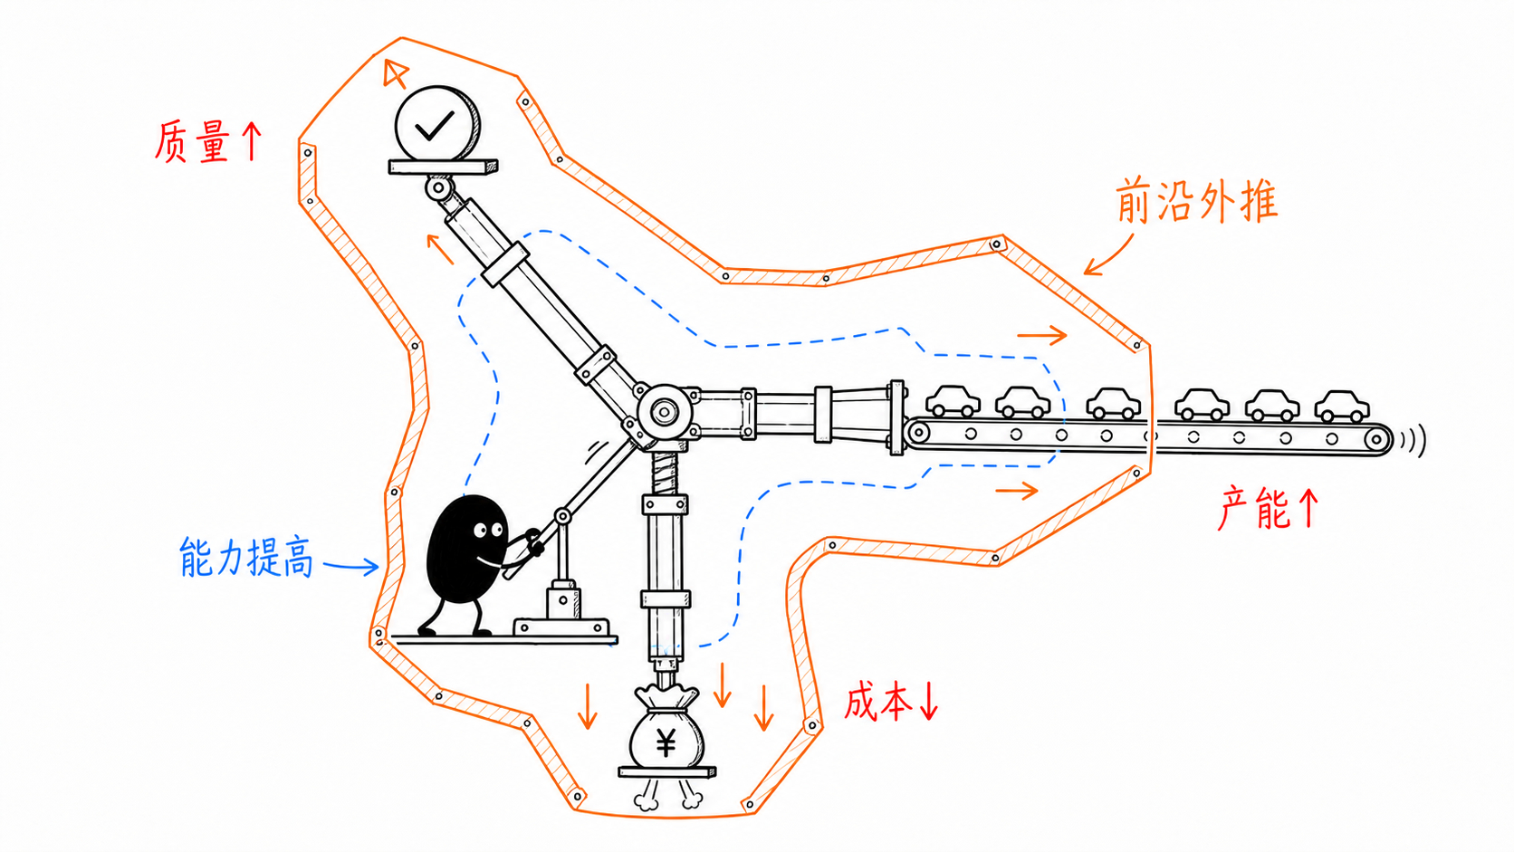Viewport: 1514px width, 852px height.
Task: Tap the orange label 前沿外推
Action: tap(1196, 201)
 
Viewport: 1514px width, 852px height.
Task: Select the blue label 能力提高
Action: tap(246, 557)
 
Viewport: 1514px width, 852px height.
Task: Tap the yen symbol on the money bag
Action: tap(666, 743)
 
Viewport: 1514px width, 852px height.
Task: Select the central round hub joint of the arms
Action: tap(664, 411)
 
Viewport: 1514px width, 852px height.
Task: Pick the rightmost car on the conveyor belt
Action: tap(1342, 406)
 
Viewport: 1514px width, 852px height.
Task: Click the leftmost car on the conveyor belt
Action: tap(953, 401)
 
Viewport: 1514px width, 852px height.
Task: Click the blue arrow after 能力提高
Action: tap(350, 566)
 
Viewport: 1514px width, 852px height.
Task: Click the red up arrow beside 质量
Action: tap(252, 140)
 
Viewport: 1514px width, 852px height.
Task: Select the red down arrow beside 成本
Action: tap(929, 702)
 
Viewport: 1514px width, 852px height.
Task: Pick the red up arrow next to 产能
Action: tap(1308, 507)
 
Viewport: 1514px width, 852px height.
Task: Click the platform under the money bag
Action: tap(667, 771)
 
